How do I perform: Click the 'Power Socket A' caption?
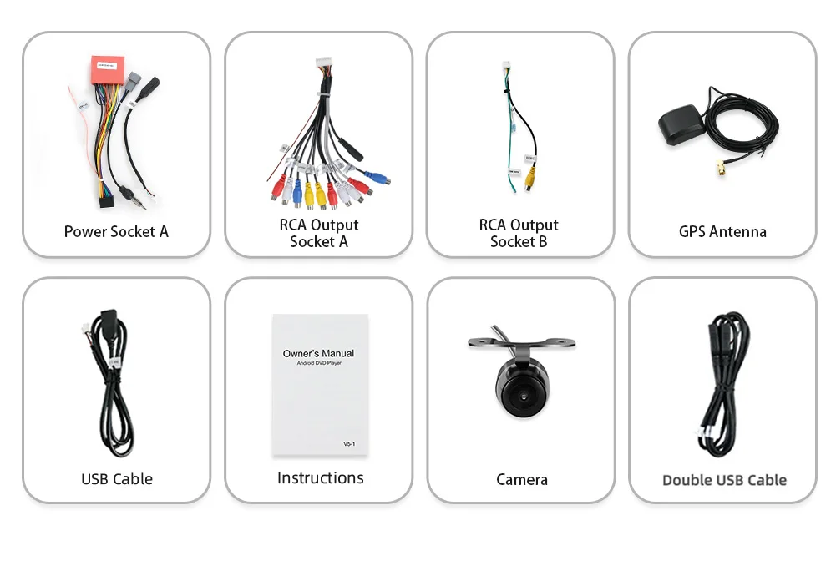point(116,231)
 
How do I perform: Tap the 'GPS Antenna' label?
point(722,231)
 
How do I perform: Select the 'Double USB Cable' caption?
point(724,480)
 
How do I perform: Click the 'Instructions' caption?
point(320,477)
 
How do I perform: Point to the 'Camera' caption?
point(522,479)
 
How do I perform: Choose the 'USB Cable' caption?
point(117,479)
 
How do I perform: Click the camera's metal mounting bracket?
point(521,342)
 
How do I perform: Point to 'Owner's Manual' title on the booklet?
point(318,353)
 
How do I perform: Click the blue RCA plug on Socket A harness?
point(377,178)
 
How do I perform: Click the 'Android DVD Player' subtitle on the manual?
point(318,364)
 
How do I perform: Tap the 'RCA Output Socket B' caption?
point(519,233)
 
